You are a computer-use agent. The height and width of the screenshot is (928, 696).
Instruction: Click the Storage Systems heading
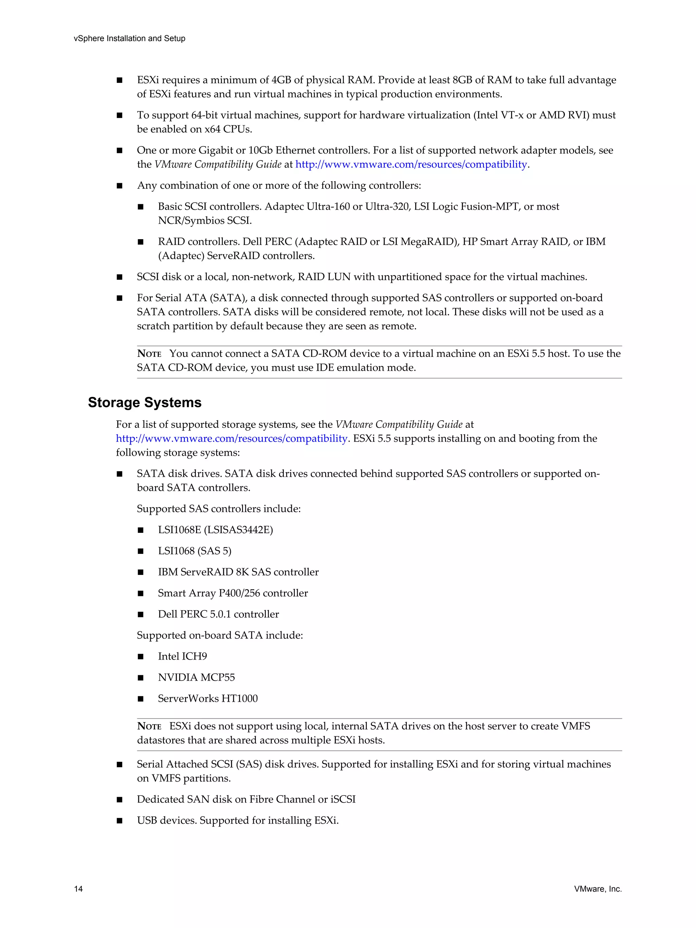click(144, 402)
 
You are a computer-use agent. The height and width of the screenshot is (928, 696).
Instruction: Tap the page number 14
click(79, 889)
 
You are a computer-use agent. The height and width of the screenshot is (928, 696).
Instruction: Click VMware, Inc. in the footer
click(597, 889)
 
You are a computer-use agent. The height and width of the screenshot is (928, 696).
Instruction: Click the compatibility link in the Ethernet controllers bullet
click(411, 164)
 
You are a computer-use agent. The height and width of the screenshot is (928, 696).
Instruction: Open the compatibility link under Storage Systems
click(231, 438)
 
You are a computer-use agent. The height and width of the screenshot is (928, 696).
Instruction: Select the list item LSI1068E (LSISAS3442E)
click(215, 530)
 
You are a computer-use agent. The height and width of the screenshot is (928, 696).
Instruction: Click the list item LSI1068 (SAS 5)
click(195, 551)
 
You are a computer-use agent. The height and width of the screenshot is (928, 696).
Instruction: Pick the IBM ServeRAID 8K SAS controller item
click(238, 572)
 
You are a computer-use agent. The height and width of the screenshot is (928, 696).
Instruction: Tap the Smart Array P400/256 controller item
click(232, 593)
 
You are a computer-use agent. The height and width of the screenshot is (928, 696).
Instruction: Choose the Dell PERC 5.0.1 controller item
click(218, 614)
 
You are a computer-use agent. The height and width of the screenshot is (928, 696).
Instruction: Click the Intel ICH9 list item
click(182, 656)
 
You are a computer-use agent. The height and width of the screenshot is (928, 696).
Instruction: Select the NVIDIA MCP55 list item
click(196, 677)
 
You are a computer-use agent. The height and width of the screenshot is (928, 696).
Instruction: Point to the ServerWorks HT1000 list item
click(208, 699)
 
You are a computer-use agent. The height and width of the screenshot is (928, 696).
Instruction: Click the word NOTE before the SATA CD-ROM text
click(149, 354)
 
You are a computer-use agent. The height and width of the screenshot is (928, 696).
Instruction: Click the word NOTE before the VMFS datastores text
click(149, 726)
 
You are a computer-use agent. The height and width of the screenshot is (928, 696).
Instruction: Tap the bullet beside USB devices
click(120, 821)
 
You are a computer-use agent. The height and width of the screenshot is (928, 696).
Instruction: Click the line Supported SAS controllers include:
click(219, 509)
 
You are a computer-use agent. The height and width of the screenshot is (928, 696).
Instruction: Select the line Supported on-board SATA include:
click(220, 635)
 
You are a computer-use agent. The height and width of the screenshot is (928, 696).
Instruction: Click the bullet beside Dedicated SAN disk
click(120, 800)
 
